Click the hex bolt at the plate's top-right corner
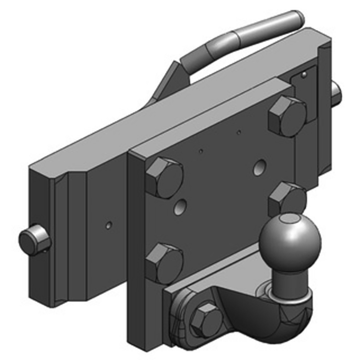[x=288, y=116]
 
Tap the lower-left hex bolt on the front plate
[x=164, y=262]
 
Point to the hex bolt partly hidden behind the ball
[x=287, y=198]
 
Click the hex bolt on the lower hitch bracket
[x=206, y=319]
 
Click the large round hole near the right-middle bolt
[x=259, y=168]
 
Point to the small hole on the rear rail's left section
[x=108, y=224]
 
